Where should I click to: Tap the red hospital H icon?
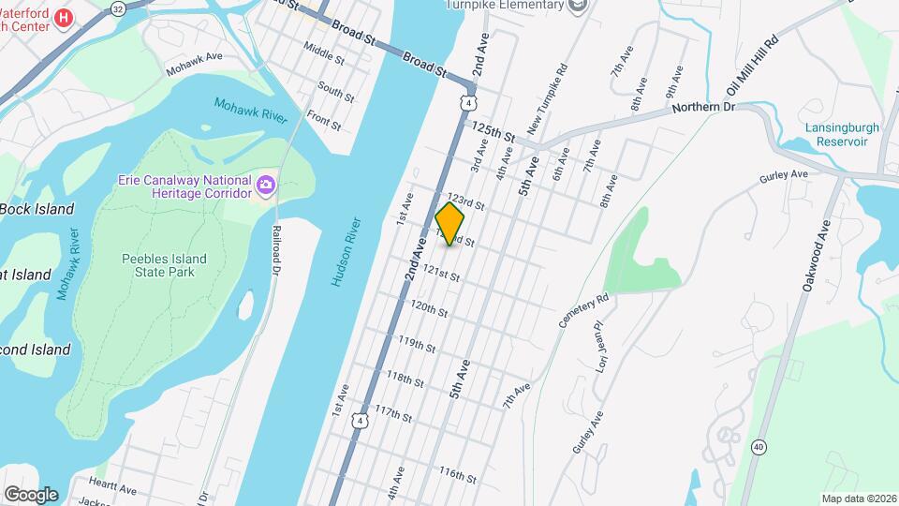(64, 18)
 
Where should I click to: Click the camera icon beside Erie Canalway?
(266, 186)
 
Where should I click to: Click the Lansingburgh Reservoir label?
(836, 135)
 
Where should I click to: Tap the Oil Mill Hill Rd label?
(752, 68)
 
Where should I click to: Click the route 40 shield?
(758, 446)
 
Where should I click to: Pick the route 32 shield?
(117, 8)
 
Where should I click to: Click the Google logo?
(31, 494)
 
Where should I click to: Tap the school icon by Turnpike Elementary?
(579, 6)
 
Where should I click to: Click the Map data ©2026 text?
(858, 498)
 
